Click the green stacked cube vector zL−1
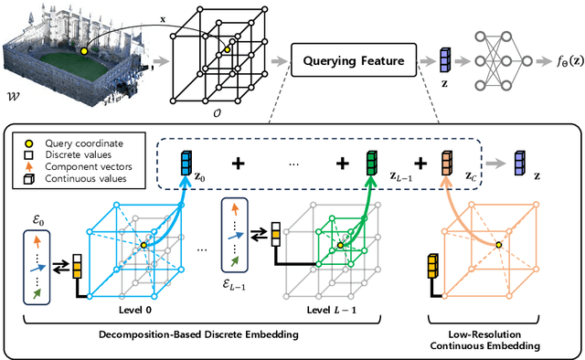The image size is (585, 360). pos(373,165)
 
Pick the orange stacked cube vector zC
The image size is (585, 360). pos(447,165)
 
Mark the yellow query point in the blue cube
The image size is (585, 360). pos(144,245)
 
